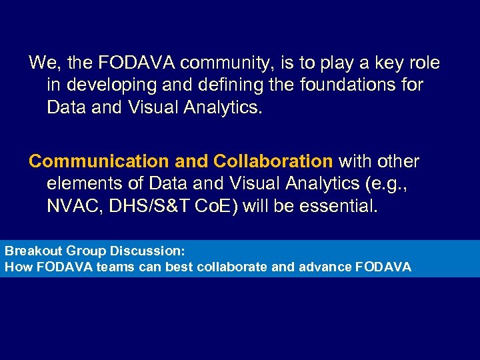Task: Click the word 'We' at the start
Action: pos(41,63)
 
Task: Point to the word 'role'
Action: pos(422,63)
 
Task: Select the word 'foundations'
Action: pos(344,86)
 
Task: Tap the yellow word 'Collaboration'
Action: pos(273,162)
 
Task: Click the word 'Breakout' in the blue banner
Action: pos(31,252)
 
